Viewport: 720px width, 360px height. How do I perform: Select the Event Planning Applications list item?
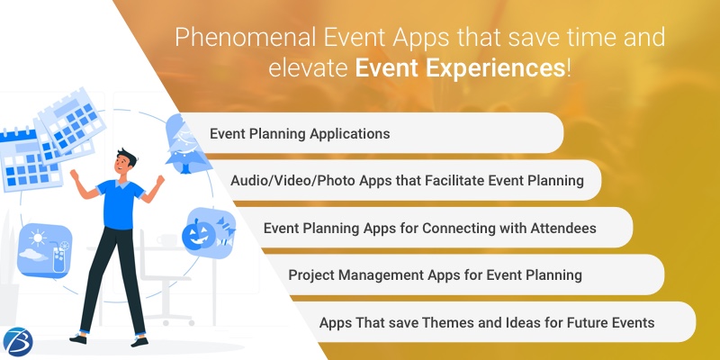point(300,133)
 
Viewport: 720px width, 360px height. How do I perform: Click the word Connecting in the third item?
point(426,228)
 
